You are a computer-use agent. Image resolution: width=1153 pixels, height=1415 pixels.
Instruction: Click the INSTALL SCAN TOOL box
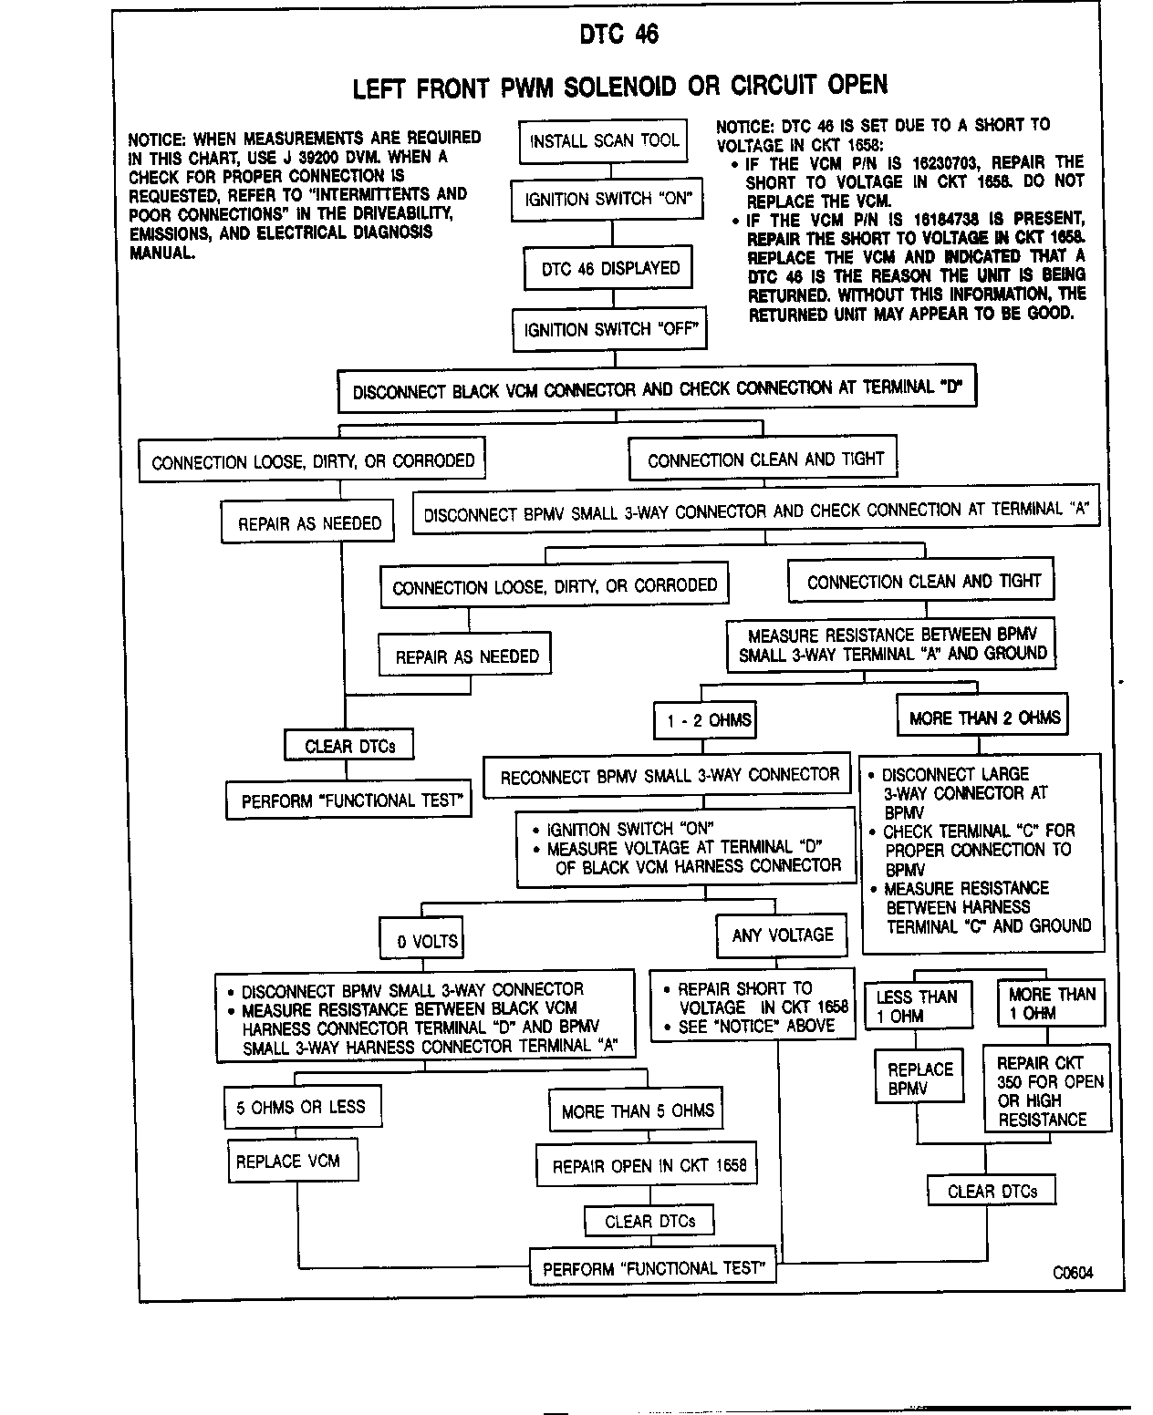pos(604,141)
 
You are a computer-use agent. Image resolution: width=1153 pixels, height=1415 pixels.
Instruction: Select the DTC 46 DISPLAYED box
pos(610,269)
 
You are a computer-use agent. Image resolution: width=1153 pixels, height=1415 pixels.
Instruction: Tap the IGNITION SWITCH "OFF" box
pos(610,330)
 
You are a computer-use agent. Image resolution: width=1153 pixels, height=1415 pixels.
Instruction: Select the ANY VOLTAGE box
pos(782,935)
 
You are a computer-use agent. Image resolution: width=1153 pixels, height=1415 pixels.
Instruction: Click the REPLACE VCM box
pos(288,1162)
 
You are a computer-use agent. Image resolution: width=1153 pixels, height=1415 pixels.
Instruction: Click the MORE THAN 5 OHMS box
pos(637,1111)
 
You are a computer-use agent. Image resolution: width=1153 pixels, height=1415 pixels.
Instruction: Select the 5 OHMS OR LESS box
pos(301,1108)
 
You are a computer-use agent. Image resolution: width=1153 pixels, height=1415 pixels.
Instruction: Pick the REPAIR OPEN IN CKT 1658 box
pos(649,1166)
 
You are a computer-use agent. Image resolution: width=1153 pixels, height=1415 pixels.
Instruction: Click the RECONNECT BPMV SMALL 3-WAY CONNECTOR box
pos(669,776)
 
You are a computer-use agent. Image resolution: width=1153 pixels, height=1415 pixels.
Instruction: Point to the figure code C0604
pos(1072,1273)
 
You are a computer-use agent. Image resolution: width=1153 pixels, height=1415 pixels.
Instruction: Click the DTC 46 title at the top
pos(618,34)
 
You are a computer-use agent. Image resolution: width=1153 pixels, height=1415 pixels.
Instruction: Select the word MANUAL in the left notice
pos(161,253)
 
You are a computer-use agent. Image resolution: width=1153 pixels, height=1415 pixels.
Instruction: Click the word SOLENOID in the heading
pos(620,87)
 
